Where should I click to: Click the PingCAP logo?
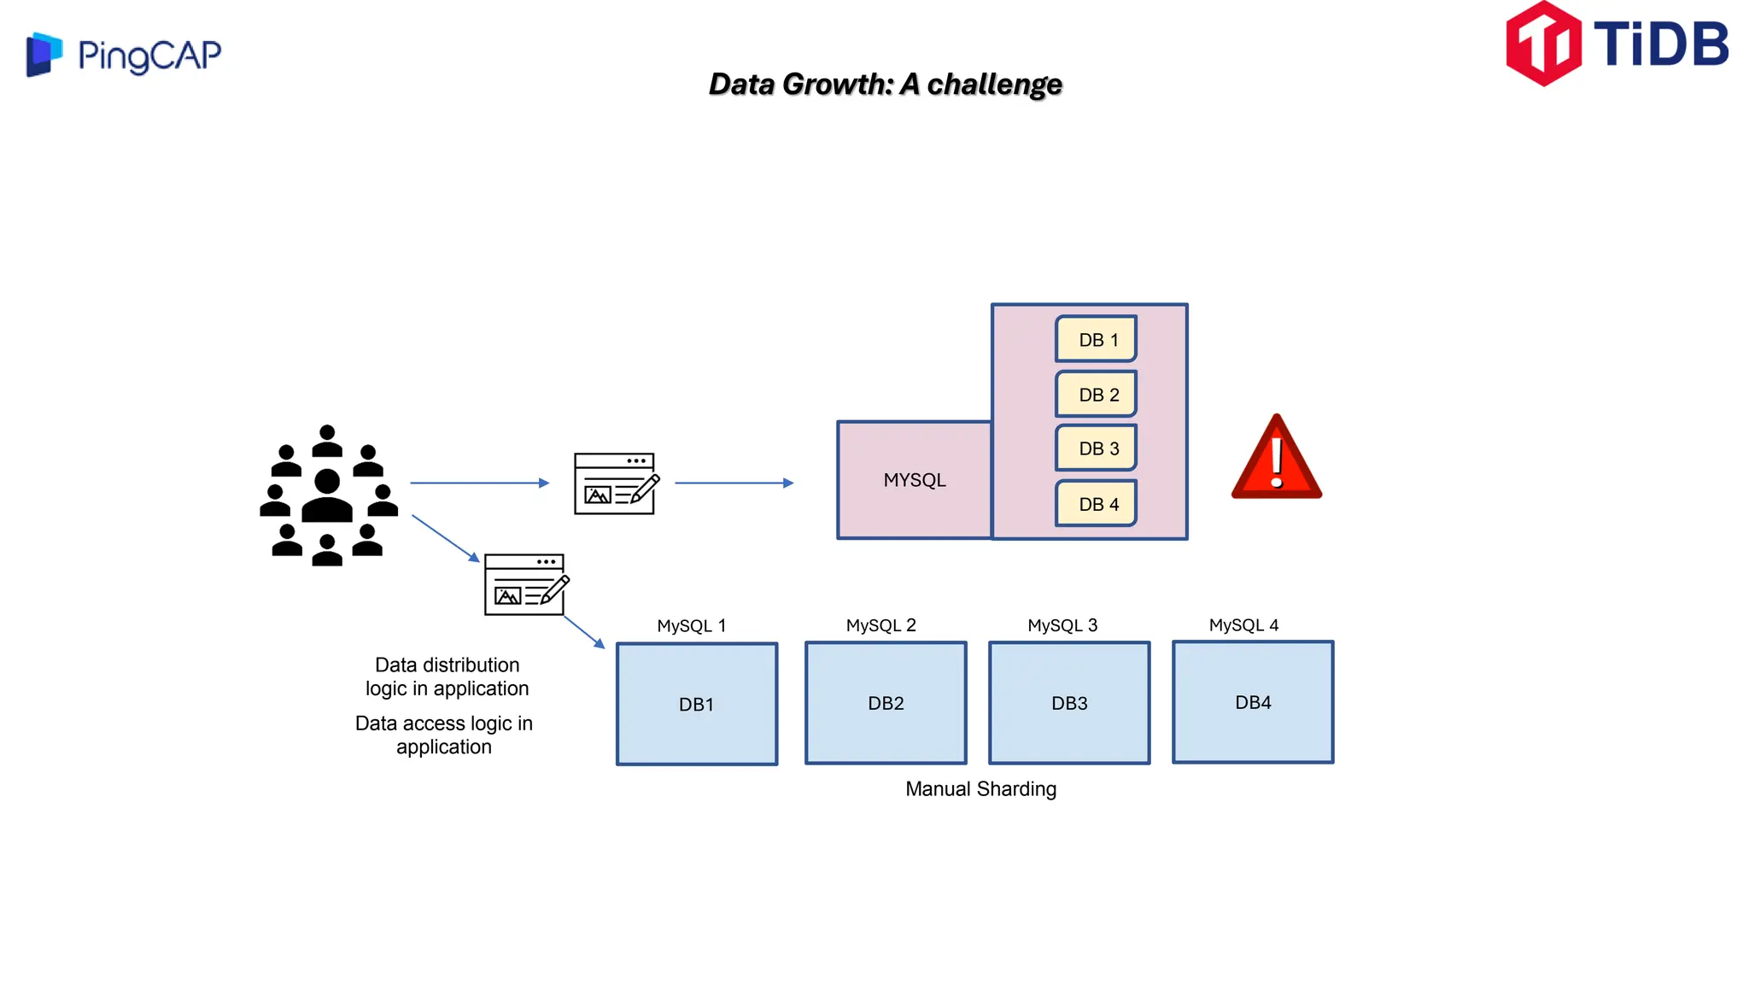pos(124,55)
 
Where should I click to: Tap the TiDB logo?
pos(1617,44)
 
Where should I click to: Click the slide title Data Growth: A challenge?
pos(885,84)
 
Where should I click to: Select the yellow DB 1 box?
pos(1097,339)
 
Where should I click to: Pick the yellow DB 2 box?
pos(1097,394)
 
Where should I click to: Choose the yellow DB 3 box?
pos(1097,448)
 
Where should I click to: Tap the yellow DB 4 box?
pos(1097,504)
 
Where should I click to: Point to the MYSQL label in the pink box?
pos(915,480)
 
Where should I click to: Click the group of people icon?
pos(328,495)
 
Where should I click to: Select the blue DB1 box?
pos(697,704)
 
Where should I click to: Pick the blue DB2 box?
pos(886,703)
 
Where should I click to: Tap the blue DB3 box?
pos(1069,703)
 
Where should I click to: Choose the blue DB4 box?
pos(1253,702)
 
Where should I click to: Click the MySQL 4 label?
pos(1243,625)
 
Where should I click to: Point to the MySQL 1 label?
pos(691,625)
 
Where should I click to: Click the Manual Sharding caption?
pos(980,788)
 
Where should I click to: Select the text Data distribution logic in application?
pos(447,676)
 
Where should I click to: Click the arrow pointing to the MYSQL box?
pos(734,483)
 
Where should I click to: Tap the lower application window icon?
pos(525,584)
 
